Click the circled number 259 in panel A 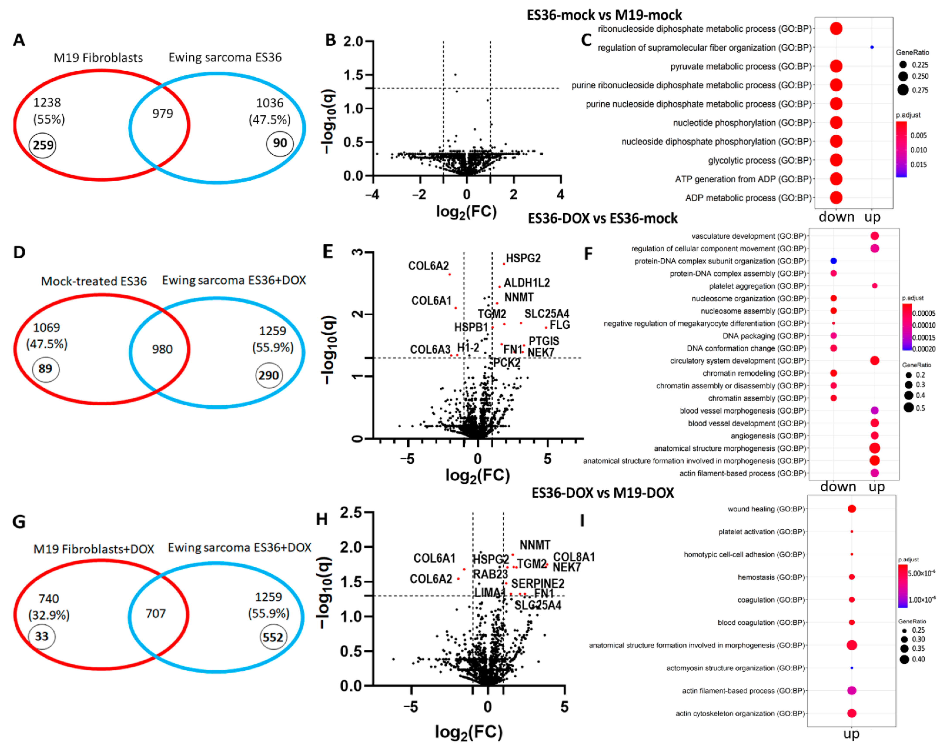tap(43, 145)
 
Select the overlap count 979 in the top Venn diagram tap(162, 113)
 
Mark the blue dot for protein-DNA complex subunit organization tap(833, 261)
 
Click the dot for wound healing tap(851, 509)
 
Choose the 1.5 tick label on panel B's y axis tap(353, 75)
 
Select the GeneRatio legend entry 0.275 tap(920, 90)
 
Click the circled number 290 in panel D tap(268, 376)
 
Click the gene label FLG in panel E tap(560, 325)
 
